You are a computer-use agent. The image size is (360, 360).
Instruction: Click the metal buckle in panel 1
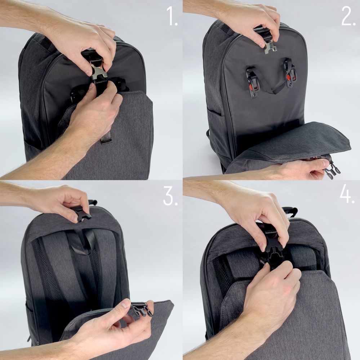(x=97, y=70)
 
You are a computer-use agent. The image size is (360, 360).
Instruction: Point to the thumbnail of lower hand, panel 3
(x=124, y=303)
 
